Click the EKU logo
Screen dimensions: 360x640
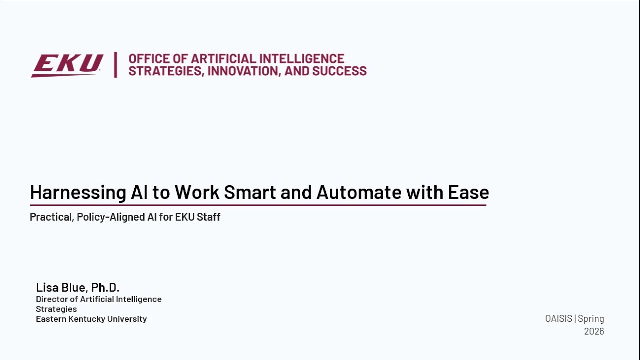click(67, 65)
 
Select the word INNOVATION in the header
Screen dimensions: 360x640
click(244, 71)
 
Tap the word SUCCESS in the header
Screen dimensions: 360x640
click(340, 71)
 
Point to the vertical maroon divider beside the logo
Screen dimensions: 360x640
click(115, 65)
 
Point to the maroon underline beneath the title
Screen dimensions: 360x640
click(258, 205)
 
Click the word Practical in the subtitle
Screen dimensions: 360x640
click(51, 217)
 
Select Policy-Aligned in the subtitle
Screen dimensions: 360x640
click(112, 217)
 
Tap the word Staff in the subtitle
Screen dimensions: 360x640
click(209, 217)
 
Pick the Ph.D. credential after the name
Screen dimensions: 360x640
click(105, 287)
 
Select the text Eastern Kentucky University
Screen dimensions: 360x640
click(91, 319)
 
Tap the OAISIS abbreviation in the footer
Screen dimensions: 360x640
click(558, 319)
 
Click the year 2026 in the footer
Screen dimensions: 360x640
click(594, 331)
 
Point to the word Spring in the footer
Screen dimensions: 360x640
click(591, 319)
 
